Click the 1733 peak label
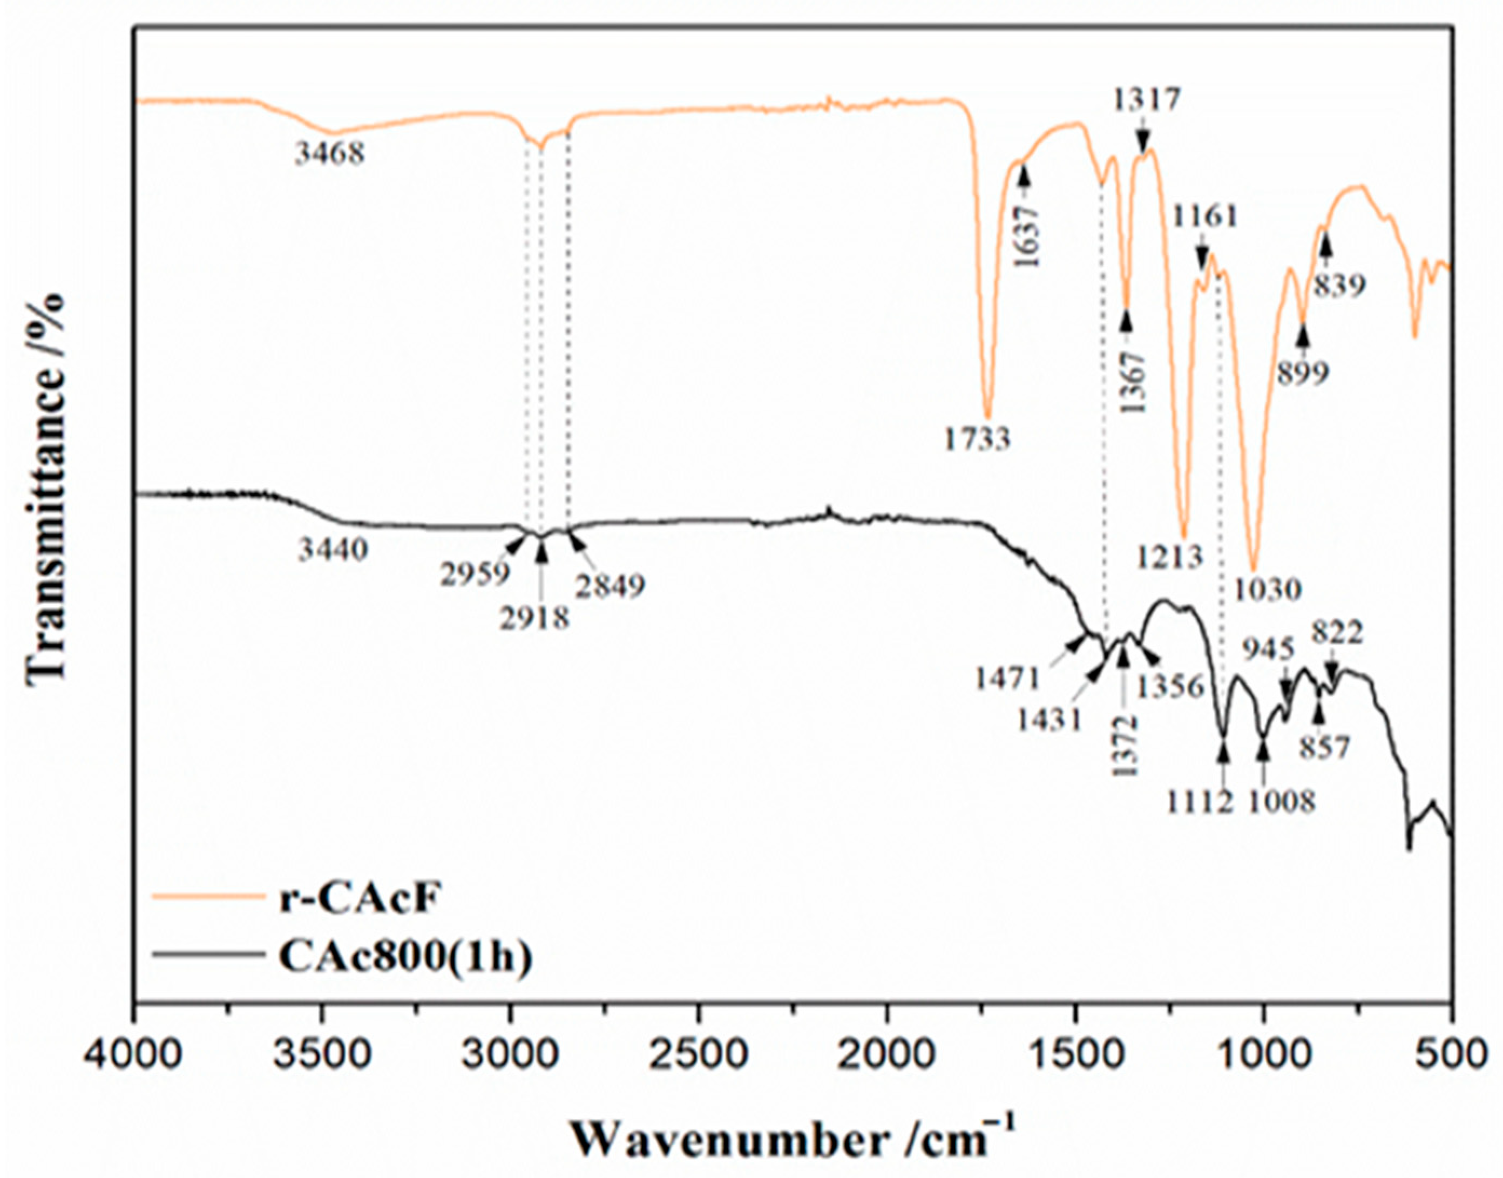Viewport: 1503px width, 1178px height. pyautogui.click(x=977, y=439)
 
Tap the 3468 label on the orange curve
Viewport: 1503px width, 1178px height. pyautogui.click(x=330, y=153)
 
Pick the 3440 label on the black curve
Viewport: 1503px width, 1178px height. pyautogui.click(x=334, y=550)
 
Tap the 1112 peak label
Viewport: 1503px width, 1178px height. pyautogui.click(x=1200, y=802)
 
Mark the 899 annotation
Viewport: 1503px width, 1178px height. pyautogui.click(x=1302, y=375)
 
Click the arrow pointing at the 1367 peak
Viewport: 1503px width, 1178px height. pyautogui.click(x=1127, y=321)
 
